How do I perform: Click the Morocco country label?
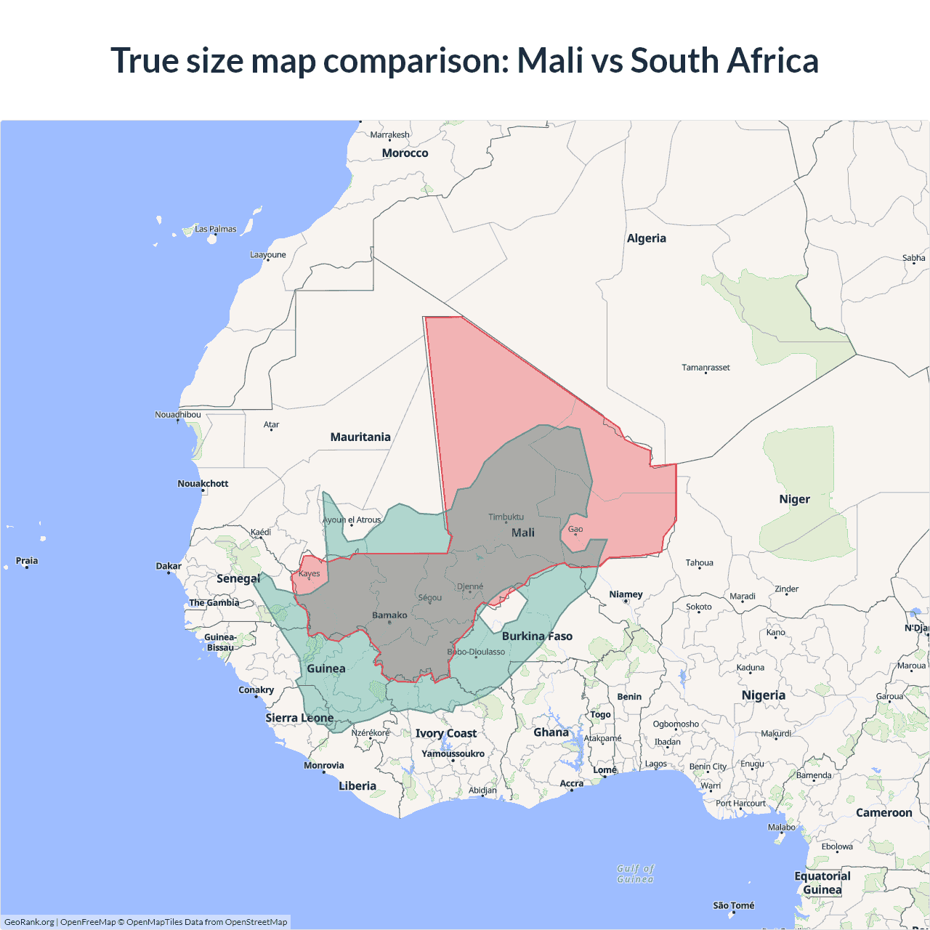click(405, 153)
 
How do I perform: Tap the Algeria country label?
click(646, 238)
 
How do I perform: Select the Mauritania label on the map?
click(360, 437)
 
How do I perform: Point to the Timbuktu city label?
click(506, 517)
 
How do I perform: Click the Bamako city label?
click(389, 615)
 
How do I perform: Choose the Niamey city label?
click(626, 594)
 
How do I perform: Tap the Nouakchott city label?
click(203, 484)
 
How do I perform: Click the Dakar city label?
click(169, 566)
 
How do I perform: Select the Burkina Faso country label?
click(537, 636)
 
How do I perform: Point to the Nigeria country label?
click(763, 695)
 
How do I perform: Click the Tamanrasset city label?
click(705, 368)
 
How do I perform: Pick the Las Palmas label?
click(215, 229)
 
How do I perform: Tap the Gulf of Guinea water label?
click(636, 873)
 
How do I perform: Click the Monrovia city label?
click(323, 765)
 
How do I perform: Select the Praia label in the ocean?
click(27, 561)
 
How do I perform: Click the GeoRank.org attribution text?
click(29, 922)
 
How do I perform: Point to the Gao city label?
click(575, 530)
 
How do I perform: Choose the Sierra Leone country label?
click(299, 718)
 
